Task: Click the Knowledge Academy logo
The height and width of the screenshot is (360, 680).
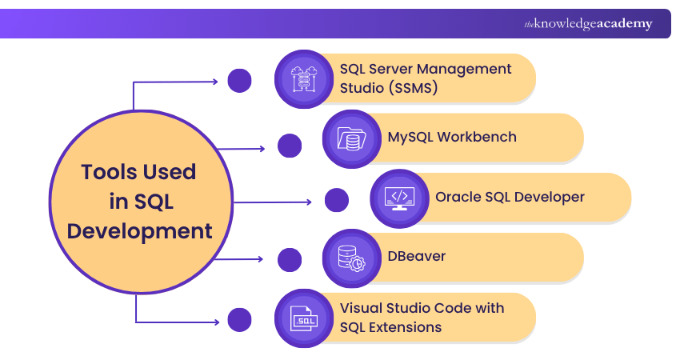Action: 588,24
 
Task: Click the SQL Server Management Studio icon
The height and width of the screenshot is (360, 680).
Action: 302,78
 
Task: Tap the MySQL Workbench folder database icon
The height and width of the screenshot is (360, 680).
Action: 350,138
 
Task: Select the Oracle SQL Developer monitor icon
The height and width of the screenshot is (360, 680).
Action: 398,198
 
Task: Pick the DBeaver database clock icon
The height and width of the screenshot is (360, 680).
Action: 350,258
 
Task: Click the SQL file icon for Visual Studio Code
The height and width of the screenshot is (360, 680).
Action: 302,318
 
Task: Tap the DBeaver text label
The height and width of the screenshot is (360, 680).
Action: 416,257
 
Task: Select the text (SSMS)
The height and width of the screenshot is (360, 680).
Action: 410,88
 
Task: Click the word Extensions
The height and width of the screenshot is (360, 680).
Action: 405,327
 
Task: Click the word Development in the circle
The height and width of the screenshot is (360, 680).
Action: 139,232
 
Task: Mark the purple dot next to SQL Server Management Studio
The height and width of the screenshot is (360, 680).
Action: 239,81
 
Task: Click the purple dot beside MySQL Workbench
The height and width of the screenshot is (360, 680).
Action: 289,146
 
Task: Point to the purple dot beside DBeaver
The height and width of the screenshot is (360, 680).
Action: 289,259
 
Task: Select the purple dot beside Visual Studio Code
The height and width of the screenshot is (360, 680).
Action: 239,320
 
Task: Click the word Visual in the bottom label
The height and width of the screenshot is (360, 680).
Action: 362,308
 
